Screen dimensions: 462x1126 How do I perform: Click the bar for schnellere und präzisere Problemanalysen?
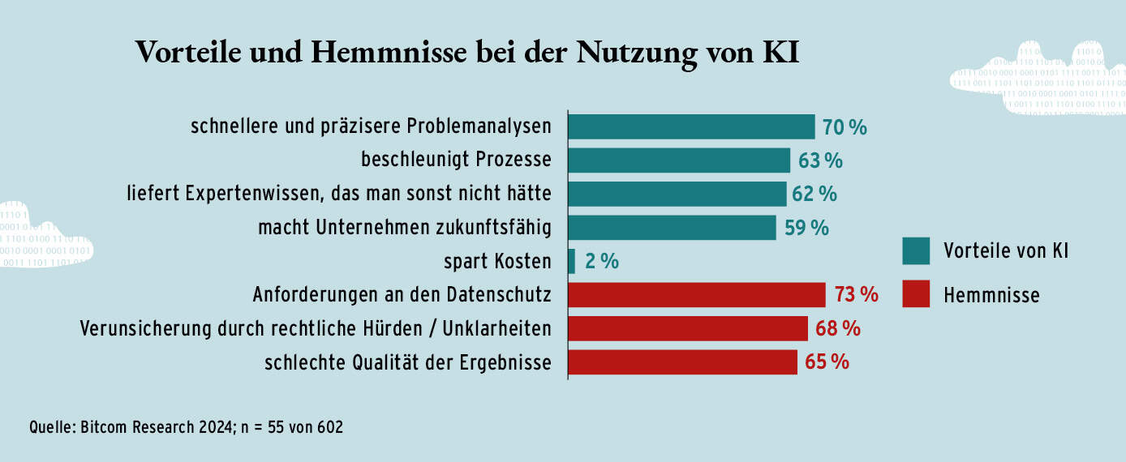tap(691, 126)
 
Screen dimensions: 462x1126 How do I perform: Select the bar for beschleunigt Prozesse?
tap(679, 160)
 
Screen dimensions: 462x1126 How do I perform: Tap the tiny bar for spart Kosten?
tap(572, 261)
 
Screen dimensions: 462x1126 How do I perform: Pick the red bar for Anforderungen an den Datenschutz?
tap(696, 295)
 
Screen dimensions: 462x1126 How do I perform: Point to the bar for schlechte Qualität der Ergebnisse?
tap(682, 362)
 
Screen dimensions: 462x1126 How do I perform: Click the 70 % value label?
tap(844, 127)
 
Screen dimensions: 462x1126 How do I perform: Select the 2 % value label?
tap(602, 262)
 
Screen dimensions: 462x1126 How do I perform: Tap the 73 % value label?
tap(857, 295)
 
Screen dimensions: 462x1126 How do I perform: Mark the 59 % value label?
tap(806, 229)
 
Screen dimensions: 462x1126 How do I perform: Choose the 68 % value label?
tap(838, 329)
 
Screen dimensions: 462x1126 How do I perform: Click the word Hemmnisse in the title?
tap(392, 53)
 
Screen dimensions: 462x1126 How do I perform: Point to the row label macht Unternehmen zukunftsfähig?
tap(404, 229)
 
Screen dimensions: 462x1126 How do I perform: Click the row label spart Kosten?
tap(497, 262)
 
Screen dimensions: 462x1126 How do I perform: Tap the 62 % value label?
tap(815, 195)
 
